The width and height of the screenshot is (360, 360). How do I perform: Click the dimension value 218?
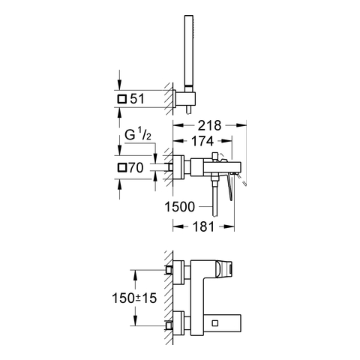[209, 125]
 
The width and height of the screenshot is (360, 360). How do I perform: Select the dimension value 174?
[202, 141]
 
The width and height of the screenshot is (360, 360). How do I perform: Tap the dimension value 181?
[203, 226]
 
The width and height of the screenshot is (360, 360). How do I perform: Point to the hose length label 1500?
[179, 207]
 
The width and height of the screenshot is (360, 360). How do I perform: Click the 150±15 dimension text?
[134, 298]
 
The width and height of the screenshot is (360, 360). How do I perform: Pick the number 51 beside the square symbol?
[137, 99]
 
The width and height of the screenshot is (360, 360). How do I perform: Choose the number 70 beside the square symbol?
[136, 167]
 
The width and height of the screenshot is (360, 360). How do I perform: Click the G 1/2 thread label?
[138, 135]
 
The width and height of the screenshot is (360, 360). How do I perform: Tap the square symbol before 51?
[122, 99]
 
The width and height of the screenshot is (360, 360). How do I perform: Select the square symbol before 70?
[122, 167]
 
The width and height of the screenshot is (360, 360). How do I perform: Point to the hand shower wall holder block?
[184, 98]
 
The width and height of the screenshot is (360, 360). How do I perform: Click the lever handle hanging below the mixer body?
[230, 187]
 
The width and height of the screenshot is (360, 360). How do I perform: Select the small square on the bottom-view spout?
[214, 323]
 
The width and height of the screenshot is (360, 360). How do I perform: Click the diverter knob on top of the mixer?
[215, 157]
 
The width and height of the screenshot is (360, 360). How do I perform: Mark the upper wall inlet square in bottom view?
[169, 270]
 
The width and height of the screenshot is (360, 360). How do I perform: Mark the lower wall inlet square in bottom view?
[169, 325]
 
